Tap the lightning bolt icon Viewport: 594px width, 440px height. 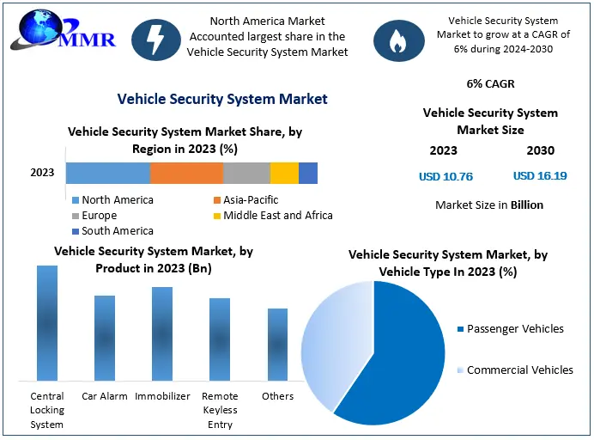pyautogui.click(x=155, y=39)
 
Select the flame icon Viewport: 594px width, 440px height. pyautogui.click(x=397, y=39)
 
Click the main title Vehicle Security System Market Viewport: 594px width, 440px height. pyautogui.click(x=222, y=99)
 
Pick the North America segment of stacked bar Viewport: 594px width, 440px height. pyautogui.click(x=107, y=173)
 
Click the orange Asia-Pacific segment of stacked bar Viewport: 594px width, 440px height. pyautogui.click(x=186, y=173)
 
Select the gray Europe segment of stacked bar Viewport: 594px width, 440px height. pyautogui.click(x=246, y=173)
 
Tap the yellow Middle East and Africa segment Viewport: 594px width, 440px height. pyautogui.click(x=284, y=173)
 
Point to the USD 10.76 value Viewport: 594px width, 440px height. pyautogui.click(x=445, y=177)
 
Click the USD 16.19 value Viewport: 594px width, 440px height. pyautogui.click(x=540, y=176)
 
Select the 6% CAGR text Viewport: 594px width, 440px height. pyautogui.click(x=490, y=85)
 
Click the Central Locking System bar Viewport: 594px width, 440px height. pyautogui.click(x=47, y=323)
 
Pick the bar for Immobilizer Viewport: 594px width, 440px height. pyautogui.click(x=162, y=333)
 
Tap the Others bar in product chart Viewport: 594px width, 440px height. pyautogui.click(x=277, y=344)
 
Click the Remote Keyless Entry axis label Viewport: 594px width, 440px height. pyautogui.click(x=220, y=409)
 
